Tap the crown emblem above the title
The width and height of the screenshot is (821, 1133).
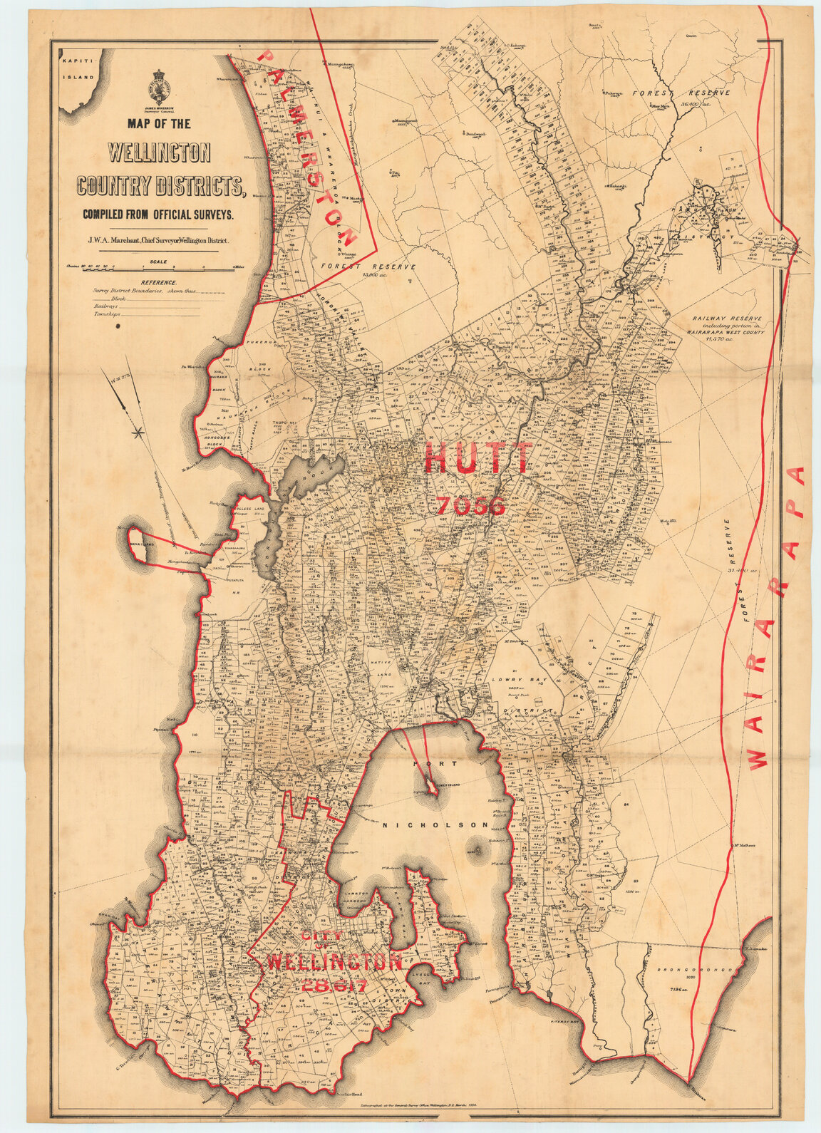(160, 86)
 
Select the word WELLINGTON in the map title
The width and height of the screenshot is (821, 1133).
(160, 154)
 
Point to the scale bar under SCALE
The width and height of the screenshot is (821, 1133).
(160, 269)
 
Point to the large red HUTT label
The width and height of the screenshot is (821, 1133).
(478, 458)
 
